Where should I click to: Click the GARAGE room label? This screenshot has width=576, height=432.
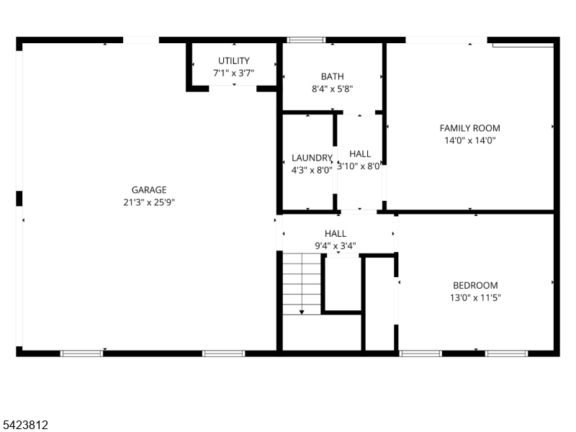149,190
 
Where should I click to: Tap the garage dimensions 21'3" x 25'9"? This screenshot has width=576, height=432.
149,202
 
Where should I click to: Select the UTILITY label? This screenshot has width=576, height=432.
234,61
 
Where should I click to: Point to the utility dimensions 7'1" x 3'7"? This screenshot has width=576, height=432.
234,73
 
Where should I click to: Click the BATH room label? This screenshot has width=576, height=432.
332,76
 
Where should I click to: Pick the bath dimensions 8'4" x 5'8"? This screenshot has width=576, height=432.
332,89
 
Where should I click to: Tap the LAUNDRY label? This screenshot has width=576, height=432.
312,158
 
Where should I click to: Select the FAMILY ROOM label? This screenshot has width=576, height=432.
469,128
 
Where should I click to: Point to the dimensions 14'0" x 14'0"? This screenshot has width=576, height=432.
469,141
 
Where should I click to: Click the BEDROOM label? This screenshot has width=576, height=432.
474,285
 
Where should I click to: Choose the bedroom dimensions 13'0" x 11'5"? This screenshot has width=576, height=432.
474,297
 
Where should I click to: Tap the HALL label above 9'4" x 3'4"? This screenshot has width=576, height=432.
335,233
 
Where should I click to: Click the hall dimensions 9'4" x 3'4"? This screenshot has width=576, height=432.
335,246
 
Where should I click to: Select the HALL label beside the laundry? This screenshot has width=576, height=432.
360,154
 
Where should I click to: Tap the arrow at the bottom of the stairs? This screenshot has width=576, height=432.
301,312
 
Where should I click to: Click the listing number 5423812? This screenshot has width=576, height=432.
26,426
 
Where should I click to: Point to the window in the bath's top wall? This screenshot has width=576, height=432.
306,40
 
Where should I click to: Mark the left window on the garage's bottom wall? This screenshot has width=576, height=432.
81,354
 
